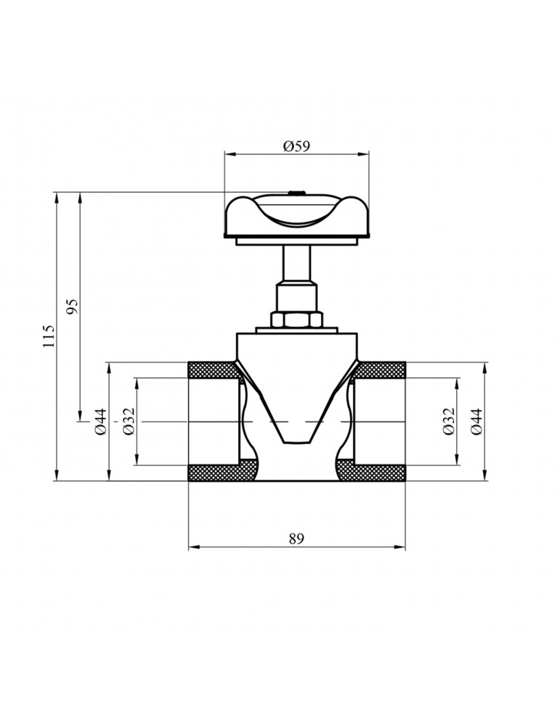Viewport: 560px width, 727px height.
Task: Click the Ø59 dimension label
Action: [296, 146]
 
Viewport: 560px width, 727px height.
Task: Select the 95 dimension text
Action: [73, 306]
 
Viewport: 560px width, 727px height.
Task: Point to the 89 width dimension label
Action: [296, 538]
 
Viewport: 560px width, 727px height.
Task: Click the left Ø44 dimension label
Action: [100, 422]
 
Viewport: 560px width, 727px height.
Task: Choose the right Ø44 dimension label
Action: [476, 422]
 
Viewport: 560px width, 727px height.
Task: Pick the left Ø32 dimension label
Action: [129, 421]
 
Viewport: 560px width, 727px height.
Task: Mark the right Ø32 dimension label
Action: [448, 422]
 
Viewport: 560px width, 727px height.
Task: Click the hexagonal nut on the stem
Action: [296, 319]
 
